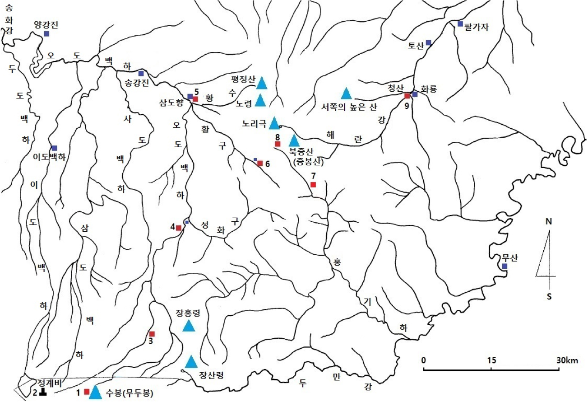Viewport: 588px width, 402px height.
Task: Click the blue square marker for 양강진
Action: click(46, 34)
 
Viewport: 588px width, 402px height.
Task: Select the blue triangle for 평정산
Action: click(262, 83)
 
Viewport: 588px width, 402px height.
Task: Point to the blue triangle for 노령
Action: click(260, 100)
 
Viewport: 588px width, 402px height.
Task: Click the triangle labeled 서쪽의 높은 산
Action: click(346, 93)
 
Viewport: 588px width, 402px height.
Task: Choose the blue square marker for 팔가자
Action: click(460, 23)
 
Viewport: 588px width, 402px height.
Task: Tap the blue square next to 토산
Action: click(428, 42)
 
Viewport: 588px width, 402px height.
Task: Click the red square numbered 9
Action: click(407, 95)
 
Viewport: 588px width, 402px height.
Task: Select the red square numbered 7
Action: click(313, 184)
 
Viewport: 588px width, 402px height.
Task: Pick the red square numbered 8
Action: click(278, 144)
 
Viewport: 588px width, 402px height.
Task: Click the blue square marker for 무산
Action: click(505, 266)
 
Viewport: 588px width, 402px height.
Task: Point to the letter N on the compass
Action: click(549, 222)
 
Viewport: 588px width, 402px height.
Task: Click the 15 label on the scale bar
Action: click(492, 360)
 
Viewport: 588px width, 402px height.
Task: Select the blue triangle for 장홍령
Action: click(189, 326)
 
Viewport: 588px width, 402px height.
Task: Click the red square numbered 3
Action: click(152, 334)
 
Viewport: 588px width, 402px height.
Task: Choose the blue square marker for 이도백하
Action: click(54, 148)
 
